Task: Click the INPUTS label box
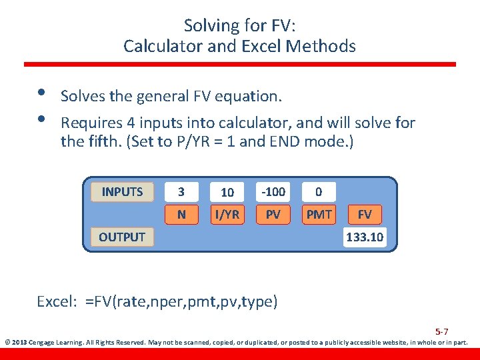(122, 192)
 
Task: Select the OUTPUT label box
(122, 237)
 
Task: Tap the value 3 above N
(181, 192)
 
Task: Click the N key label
(181, 215)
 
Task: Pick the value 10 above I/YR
(227, 192)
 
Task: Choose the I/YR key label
(227, 215)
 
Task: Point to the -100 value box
(273, 192)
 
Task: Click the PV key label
(273, 215)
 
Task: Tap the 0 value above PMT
(319, 192)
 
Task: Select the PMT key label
(319, 215)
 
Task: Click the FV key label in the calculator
(365, 215)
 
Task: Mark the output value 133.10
(365, 237)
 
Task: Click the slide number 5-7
(442, 331)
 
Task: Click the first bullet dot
(41, 93)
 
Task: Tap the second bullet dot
(41, 119)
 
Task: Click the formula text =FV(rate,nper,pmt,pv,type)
(181, 301)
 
